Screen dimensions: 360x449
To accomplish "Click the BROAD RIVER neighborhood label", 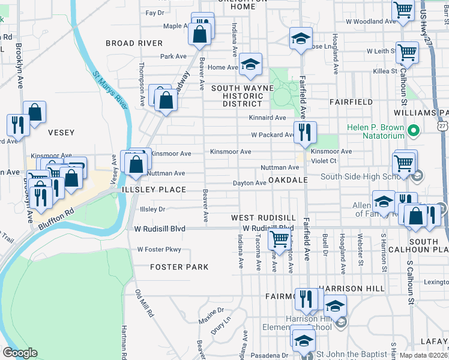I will point(134,43).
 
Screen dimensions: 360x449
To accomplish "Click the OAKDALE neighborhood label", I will point(288,180).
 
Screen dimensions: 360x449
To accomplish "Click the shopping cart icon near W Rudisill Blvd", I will point(280,238).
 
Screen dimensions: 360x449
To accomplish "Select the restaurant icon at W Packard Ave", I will point(305,132).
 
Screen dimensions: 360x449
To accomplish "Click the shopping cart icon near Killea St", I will point(408,52).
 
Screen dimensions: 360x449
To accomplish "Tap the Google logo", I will point(19,353).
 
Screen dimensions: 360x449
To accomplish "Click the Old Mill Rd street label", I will point(145,304).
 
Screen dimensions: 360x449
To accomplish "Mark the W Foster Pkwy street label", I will point(158,250).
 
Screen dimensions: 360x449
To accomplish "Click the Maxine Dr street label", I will point(211,314).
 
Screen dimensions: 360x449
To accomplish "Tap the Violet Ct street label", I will point(340,161).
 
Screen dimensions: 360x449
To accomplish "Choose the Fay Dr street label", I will point(154,13).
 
